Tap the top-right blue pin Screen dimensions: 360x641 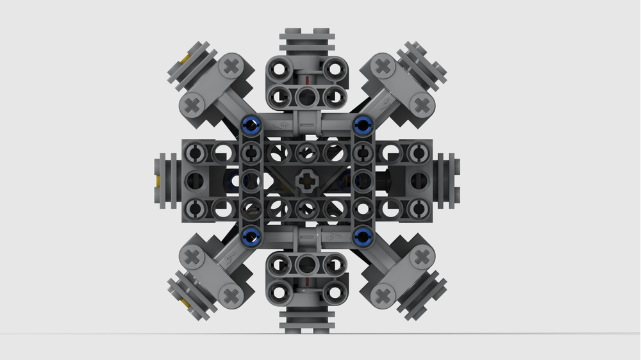[x=363, y=124]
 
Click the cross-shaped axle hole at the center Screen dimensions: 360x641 [x=306, y=179]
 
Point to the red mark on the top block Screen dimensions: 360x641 [x=308, y=80]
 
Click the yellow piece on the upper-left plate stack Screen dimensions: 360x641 [x=184, y=60]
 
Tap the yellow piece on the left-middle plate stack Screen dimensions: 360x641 [x=158, y=179]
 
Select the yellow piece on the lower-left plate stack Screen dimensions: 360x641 [x=185, y=300]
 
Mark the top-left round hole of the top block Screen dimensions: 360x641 [x=279, y=69]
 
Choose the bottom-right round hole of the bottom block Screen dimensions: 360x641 [x=332, y=290]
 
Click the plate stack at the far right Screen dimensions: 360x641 [x=449, y=179]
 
